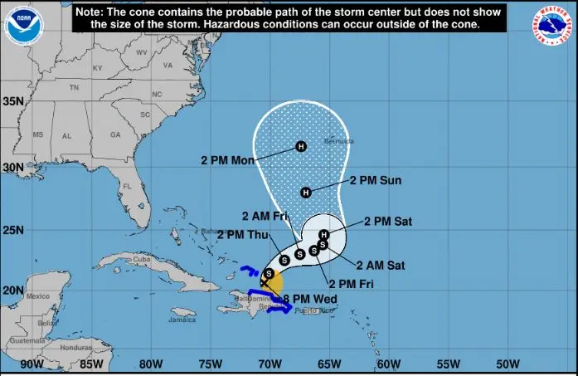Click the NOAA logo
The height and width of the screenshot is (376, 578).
(x=24, y=25)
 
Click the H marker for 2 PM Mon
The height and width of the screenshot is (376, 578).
(x=300, y=147)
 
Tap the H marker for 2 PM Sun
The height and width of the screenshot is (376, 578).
(x=306, y=193)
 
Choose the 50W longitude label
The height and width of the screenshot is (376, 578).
(x=507, y=364)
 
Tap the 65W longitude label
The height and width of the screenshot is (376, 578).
(x=328, y=364)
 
